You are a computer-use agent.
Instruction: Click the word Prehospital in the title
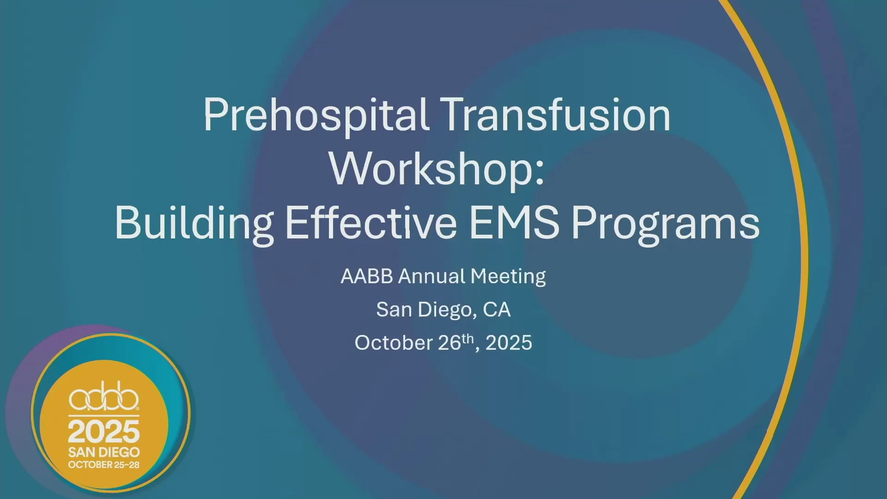(x=316, y=116)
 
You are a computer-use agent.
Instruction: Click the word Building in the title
(x=194, y=224)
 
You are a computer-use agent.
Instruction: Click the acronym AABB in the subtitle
(x=367, y=276)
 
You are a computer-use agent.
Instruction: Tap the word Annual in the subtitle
(x=432, y=276)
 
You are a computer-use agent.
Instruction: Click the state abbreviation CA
(x=497, y=310)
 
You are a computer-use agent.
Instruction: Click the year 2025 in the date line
(x=509, y=343)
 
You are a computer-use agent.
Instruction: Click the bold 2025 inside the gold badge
(x=104, y=432)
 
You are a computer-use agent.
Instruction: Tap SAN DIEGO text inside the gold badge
(x=104, y=452)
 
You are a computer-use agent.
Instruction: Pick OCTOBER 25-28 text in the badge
(x=104, y=465)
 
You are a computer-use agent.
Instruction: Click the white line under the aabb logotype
(x=104, y=416)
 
